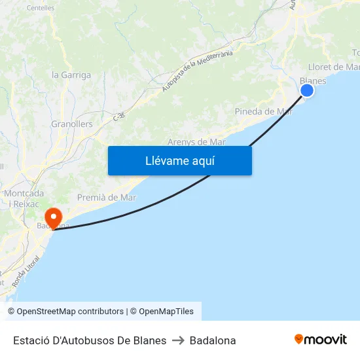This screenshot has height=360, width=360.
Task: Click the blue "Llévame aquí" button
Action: tap(179, 160)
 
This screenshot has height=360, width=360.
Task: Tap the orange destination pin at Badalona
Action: tap(52, 217)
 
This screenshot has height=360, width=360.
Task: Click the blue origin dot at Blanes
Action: tap(306, 90)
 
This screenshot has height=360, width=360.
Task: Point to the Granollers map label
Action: tap(72, 124)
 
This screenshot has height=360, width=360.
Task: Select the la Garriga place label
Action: tap(71, 75)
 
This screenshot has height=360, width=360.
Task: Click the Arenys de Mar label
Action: tap(196, 141)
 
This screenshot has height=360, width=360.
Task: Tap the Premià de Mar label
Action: tap(107, 197)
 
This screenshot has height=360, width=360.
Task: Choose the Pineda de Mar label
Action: tap(263, 111)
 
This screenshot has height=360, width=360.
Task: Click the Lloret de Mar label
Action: tap(333, 67)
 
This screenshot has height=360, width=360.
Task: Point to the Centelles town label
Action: tap(41, 9)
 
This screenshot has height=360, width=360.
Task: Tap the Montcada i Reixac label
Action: tap(24, 198)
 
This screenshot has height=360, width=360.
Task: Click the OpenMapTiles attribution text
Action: tap(166, 312)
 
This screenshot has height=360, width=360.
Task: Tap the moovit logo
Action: tap(320, 339)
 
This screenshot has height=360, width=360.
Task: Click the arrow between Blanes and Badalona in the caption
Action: tap(178, 340)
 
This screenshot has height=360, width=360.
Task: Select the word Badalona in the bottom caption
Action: tap(213, 340)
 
